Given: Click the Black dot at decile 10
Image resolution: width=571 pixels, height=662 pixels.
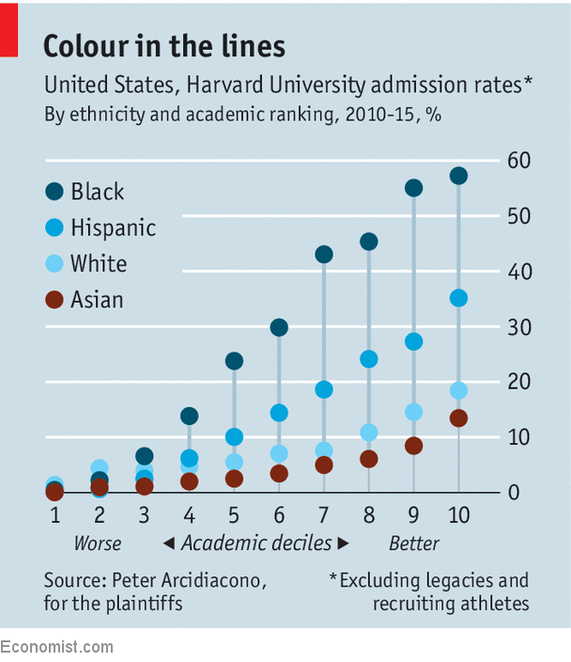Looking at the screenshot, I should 458,176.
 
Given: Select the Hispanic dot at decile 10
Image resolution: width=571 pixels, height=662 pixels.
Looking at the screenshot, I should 458,298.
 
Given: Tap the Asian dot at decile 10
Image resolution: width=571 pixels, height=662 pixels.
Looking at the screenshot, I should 458,418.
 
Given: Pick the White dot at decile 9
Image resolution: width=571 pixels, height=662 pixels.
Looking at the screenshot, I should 413,412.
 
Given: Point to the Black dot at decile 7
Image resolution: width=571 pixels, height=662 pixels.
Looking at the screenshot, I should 324,254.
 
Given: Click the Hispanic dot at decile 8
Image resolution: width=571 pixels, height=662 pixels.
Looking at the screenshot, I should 369,359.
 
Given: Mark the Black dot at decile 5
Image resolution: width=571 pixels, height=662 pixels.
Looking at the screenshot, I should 235,361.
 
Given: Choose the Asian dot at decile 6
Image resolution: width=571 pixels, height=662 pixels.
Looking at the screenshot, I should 279,473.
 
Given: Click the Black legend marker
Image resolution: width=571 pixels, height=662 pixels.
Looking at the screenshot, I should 55,192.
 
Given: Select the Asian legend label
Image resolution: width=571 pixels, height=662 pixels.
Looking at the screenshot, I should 98,300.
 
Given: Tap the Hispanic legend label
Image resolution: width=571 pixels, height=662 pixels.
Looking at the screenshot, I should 114,228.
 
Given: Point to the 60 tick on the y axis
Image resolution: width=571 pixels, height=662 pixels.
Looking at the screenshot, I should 518,161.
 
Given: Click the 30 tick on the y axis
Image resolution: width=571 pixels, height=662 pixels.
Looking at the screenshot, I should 518,327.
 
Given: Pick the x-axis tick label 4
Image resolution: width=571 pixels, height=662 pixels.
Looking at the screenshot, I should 189,515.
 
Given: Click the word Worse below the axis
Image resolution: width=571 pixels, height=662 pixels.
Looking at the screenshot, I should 98,544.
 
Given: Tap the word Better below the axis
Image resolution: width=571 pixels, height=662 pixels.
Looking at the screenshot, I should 414,544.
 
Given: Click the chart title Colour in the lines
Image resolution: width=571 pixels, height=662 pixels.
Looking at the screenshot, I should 164,46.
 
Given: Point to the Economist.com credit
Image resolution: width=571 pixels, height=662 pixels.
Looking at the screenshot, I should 56,647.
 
